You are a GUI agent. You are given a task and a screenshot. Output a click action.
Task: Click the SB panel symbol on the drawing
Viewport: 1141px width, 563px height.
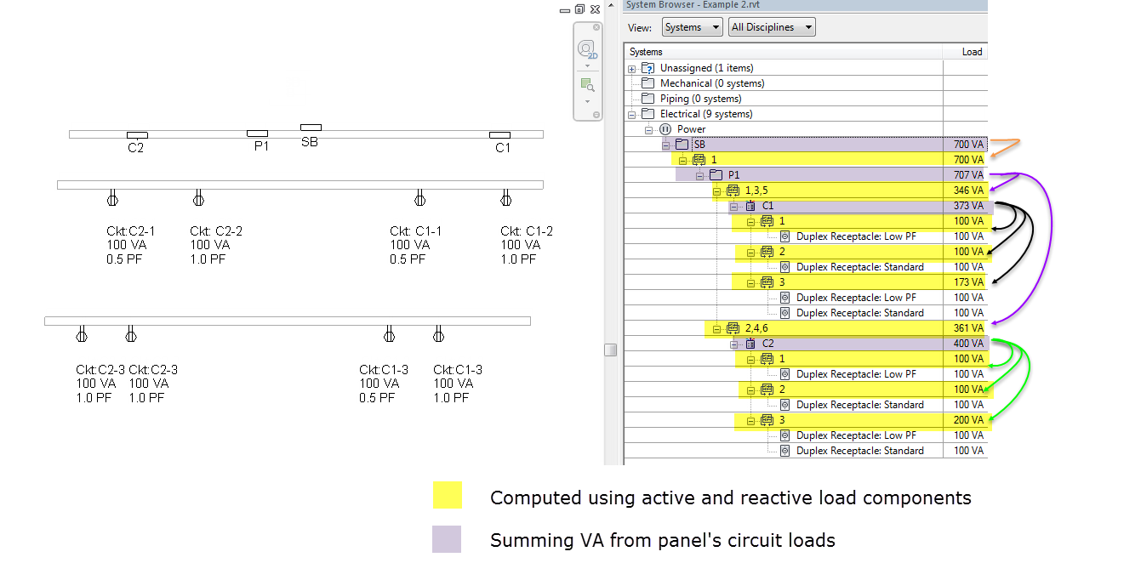(x=311, y=128)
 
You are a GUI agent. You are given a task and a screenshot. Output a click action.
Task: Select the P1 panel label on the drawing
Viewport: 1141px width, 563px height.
(x=260, y=145)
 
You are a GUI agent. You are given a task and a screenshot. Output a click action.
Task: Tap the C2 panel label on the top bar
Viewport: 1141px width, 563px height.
(x=136, y=147)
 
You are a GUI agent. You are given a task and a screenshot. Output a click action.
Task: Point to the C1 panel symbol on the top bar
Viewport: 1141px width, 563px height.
(x=499, y=134)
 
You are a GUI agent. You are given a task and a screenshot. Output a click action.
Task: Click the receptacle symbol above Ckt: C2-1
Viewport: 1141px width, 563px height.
(x=111, y=200)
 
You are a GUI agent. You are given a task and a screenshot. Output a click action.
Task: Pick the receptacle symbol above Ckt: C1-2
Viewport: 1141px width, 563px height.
(x=505, y=200)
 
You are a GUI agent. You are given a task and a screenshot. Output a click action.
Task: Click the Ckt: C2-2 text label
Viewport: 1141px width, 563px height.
(x=216, y=231)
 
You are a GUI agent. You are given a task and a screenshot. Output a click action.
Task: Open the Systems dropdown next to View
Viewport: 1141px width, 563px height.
(x=692, y=27)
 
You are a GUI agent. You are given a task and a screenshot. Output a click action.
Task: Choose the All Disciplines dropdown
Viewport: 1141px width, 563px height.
(x=771, y=27)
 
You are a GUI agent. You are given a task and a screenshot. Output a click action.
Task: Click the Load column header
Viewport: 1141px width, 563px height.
(x=972, y=52)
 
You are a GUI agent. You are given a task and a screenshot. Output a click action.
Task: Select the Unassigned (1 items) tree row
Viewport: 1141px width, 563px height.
(x=706, y=68)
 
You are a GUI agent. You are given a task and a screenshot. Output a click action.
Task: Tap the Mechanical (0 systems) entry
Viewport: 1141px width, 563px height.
(x=711, y=83)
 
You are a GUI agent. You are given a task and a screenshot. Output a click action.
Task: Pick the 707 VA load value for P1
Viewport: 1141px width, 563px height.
(x=968, y=175)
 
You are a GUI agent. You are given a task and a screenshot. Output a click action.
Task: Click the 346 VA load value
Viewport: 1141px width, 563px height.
(x=968, y=191)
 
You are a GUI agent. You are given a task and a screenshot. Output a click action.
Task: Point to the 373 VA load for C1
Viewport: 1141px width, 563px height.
(x=968, y=206)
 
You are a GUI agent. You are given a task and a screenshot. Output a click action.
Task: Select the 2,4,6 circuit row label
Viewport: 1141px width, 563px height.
(x=756, y=328)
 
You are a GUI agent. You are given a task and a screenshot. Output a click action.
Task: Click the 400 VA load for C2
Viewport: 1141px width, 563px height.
(x=968, y=344)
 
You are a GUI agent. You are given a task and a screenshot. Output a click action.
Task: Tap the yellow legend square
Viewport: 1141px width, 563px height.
(x=448, y=495)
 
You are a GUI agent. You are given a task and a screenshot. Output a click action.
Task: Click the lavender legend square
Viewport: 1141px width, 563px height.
(x=448, y=539)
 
